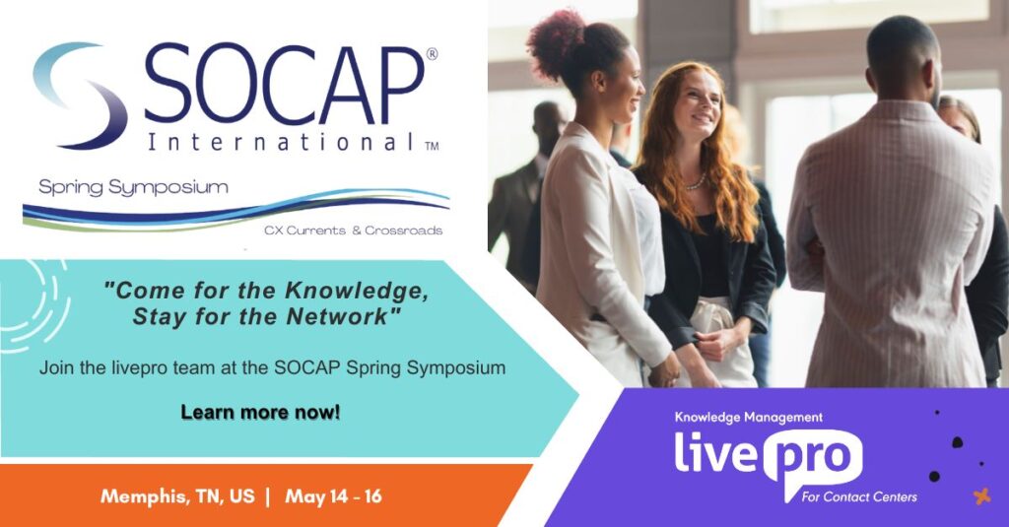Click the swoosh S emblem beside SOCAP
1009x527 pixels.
(82, 96)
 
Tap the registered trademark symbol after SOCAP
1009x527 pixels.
(432, 54)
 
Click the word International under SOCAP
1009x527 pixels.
(281, 142)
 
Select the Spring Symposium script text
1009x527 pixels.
(133, 187)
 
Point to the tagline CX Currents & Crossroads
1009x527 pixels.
(354, 231)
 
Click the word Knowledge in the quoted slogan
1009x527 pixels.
(357, 292)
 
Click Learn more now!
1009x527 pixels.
(260, 412)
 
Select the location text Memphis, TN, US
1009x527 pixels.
(177, 496)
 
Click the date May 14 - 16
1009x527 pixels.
(333, 496)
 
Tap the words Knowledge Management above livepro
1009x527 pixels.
(749, 418)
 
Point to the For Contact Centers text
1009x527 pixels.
(859, 496)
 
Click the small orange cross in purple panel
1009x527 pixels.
(981, 496)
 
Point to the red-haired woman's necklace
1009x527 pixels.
(696, 184)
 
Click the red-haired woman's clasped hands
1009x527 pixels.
(714, 344)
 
